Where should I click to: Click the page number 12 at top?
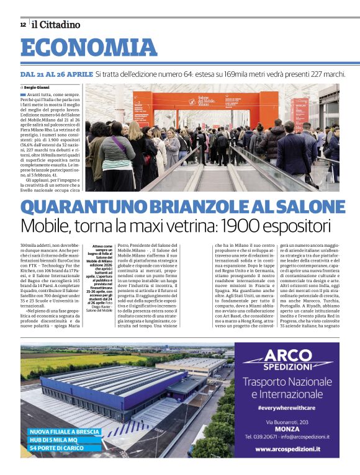coord(22,25)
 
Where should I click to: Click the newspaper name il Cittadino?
coord(56,25)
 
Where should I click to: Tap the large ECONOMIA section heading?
coord(88,48)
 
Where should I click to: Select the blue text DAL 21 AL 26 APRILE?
coord(56,74)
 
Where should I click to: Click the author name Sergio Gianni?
coord(38,88)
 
